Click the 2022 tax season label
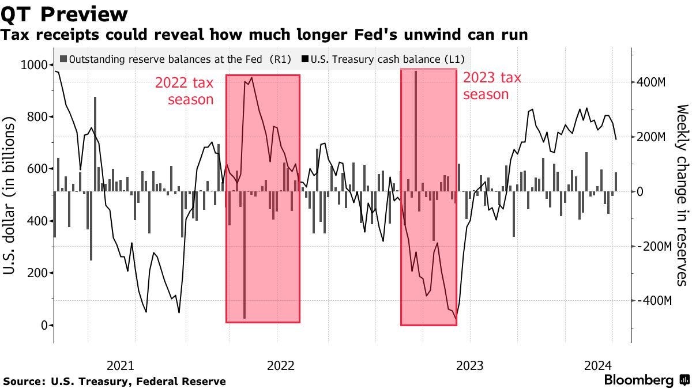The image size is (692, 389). [184, 91]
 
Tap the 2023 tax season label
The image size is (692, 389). [492, 85]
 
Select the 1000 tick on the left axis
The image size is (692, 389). [35, 65]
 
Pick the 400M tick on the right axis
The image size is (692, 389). [651, 82]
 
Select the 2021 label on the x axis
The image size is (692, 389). [121, 365]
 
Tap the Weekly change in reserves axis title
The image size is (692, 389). [682, 195]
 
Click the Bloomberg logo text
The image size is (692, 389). [638, 380]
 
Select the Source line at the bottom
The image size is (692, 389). [114, 381]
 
